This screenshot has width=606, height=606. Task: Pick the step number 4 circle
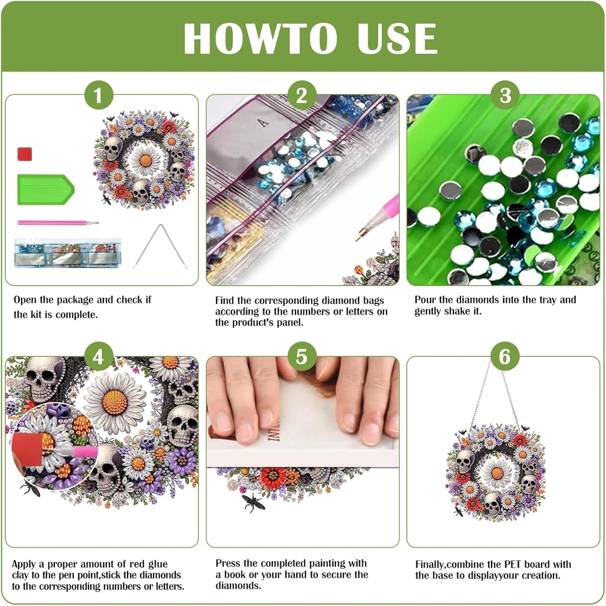tap(98, 357)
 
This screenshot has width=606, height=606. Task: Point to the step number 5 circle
tap(301, 357)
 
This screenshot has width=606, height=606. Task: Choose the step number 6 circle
tap(505, 357)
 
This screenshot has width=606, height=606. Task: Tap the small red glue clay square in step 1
tap(25, 154)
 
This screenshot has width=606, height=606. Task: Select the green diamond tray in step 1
tap(46, 189)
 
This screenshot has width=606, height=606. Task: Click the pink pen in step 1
tap(58, 223)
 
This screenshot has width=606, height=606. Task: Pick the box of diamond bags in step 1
tap(67, 253)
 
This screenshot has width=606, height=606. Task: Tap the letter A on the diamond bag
tap(264, 122)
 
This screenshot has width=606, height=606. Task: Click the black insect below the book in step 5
tap(253, 503)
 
